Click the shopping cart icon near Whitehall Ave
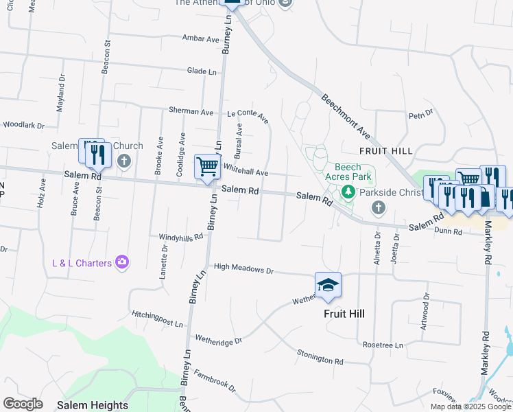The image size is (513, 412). coord(207,167)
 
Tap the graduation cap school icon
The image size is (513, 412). coord(329,285)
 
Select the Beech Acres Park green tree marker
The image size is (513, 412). coord(348,192)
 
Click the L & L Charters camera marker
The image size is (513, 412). coord(122,262)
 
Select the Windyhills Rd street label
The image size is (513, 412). coord(181,237)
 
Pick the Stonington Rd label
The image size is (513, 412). coord(320,356)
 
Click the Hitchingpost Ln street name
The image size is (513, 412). coord(158,319)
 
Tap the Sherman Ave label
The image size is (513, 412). coord(193,111)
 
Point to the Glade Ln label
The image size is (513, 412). coord(202,71)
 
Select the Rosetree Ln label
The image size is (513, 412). coord(383,345)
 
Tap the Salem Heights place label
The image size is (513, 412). coord(93,405)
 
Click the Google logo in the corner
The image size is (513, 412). coord(23,404)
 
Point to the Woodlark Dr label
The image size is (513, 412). coord(23,126)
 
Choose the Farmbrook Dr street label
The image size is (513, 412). coord(215,382)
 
